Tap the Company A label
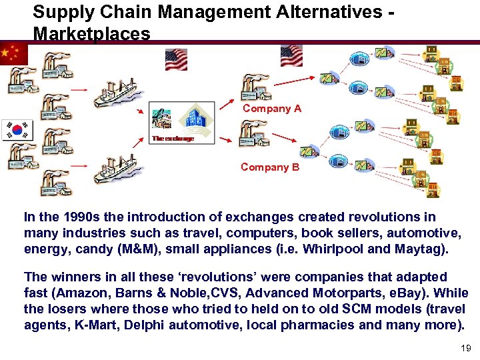pyautogui.click(x=271, y=108)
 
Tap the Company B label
pyautogui.click(x=270, y=167)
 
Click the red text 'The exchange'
pyautogui.click(x=173, y=139)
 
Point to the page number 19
pyautogui.click(x=465, y=348)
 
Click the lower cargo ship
pyautogui.click(x=115, y=169)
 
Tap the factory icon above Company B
pyautogui.click(x=253, y=132)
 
